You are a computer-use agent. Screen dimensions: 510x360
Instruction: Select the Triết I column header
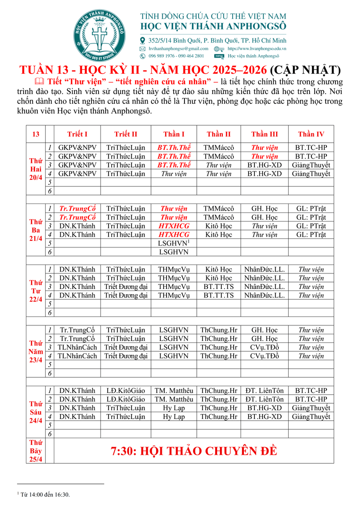click(x=77, y=134)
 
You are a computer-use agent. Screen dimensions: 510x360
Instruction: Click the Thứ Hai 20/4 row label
click(x=36, y=169)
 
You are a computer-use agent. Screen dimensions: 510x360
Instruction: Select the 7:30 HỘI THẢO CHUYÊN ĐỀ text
click(x=193, y=451)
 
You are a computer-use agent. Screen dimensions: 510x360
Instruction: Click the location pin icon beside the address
click(x=142, y=41)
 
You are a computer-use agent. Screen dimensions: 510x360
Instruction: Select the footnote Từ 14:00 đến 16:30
click(x=45, y=494)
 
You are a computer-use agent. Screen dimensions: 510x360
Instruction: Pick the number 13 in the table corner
click(x=36, y=134)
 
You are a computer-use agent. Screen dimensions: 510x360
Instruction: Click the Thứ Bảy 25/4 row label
click(x=36, y=451)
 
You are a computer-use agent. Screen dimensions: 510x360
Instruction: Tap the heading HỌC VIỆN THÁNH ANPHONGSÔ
click(x=213, y=28)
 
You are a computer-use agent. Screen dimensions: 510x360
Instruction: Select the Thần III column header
click(x=265, y=134)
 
